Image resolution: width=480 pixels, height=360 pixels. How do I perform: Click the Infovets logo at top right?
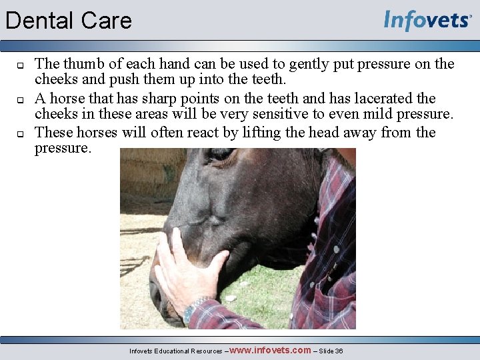point(427,21)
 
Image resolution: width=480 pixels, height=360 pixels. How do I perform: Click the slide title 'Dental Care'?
point(69,21)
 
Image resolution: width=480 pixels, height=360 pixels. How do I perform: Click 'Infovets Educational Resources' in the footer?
point(176,351)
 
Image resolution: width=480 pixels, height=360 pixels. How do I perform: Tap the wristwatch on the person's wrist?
point(191,310)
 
